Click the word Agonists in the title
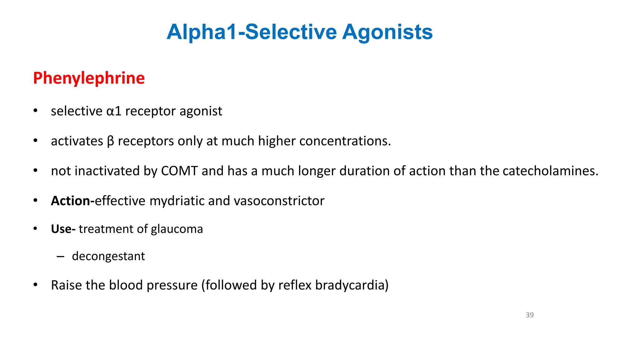pyautogui.click(x=387, y=32)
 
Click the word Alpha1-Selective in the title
pyautogui.click(x=252, y=32)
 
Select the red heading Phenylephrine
pyautogui.click(x=89, y=78)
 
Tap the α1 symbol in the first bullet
pyautogui.click(x=114, y=111)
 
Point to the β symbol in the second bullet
pyautogui.click(x=110, y=141)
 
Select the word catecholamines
pyautogui.click(x=550, y=171)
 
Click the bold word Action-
pyautogui.click(x=72, y=201)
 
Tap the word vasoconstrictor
pyautogui.click(x=279, y=201)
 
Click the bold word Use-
pyautogui.click(x=63, y=229)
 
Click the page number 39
pyautogui.click(x=529, y=315)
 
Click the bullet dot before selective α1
pyautogui.click(x=35, y=111)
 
